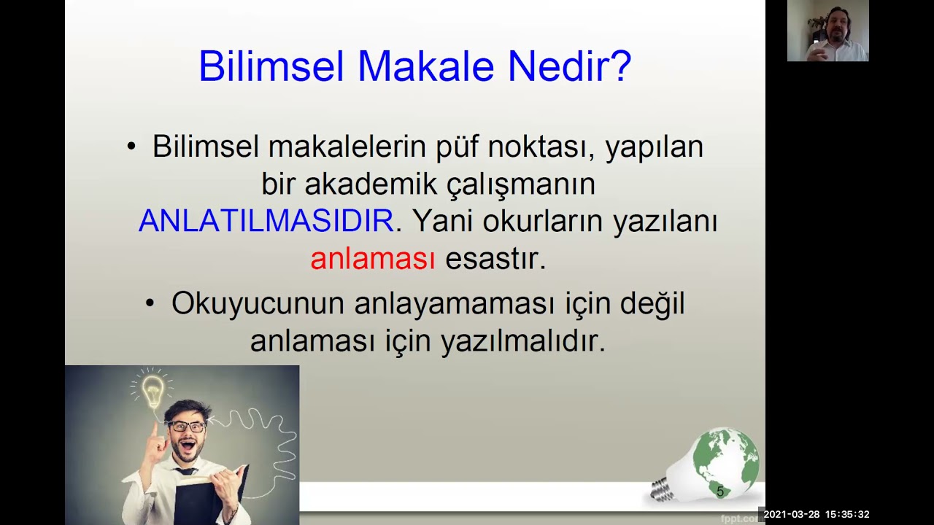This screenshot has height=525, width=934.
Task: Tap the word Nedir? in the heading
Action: pos(569,66)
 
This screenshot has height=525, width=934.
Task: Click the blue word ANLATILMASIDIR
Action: pos(266,221)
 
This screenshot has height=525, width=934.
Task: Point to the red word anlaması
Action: pos(372,259)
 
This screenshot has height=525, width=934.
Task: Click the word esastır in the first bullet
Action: pos(495,259)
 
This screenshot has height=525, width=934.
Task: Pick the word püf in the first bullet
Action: pos(458,147)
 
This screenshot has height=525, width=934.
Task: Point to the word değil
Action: pos(652,303)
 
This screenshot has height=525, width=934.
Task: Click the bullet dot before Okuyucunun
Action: pos(150,303)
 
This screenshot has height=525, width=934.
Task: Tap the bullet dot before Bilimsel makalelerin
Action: pos(131,146)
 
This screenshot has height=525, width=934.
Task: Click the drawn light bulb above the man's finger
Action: pos(153,391)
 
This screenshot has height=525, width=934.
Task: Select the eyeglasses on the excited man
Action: pos(188,427)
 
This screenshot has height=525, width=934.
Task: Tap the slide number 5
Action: pos(720,491)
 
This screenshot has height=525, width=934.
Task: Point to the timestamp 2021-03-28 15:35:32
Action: pos(816,514)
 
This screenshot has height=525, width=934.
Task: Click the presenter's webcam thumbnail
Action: pos(827,31)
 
